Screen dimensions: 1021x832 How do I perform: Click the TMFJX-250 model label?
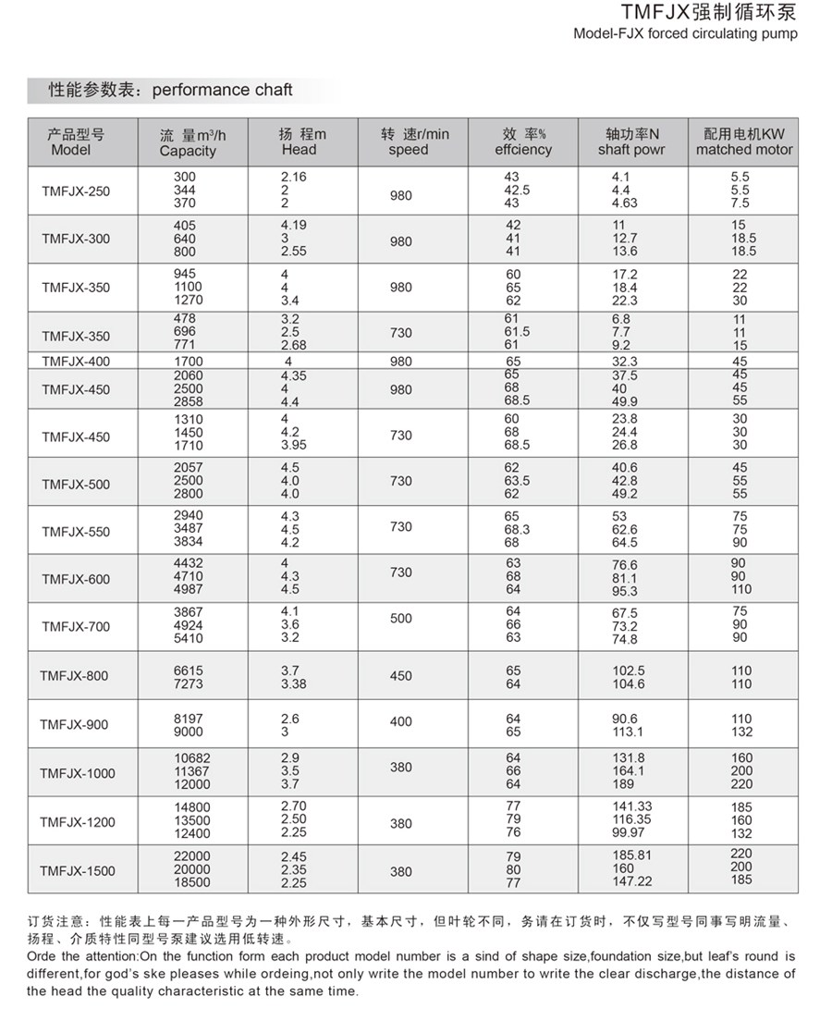pyautogui.click(x=76, y=191)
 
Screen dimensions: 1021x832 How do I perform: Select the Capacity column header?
pyautogui.click(x=188, y=151)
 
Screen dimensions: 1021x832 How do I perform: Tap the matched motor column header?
pyautogui.click(x=744, y=150)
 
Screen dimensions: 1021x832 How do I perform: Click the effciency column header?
pyautogui.click(x=523, y=150)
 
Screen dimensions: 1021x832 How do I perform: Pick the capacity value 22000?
pyautogui.click(x=192, y=856)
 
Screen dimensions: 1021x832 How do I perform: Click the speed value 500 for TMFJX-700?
pyautogui.click(x=401, y=619)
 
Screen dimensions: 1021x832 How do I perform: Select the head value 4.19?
pyautogui.click(x=294, y=225)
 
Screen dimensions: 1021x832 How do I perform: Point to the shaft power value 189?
pyautogui.click(x=624, y=785)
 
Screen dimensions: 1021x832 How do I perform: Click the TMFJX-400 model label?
pyautogui.click(x=76, y=362)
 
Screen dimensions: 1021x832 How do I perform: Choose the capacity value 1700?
pyautogui.click(x=189, y=362)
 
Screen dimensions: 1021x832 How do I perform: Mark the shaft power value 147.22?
pyautogui.click(x=631, y=882)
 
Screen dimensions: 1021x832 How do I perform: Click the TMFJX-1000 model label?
pyautogui.click(x=78, y=773)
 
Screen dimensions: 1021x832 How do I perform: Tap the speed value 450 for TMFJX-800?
pyautogui.click(x=401, y=677)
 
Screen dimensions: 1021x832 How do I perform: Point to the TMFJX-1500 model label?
pyautogui.click(x=78, y=871)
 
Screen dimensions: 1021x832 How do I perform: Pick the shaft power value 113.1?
pyautogui.click(x=628, y=732)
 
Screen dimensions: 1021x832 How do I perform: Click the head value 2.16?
pyautogui.click(x=294, y=177)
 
